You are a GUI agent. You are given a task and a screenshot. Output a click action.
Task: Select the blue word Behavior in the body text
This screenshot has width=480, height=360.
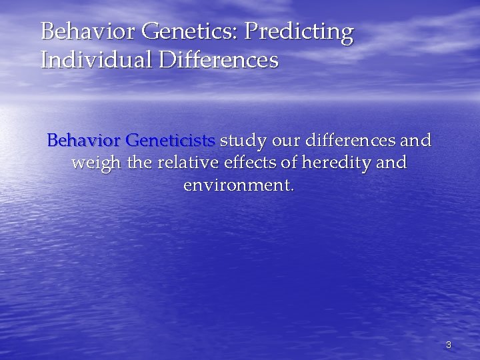[x=84, y=141]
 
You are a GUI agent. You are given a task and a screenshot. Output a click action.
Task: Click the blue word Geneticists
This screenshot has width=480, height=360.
[x=171, y=141]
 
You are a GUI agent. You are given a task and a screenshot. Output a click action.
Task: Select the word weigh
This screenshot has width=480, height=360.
[x=92, y=163]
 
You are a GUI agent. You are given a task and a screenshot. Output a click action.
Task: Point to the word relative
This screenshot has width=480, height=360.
[x=176, y=163]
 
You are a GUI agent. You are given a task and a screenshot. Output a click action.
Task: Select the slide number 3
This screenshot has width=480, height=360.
[x=449, y=345]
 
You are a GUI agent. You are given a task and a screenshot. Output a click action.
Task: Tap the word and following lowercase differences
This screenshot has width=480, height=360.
[x=417, y=141]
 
